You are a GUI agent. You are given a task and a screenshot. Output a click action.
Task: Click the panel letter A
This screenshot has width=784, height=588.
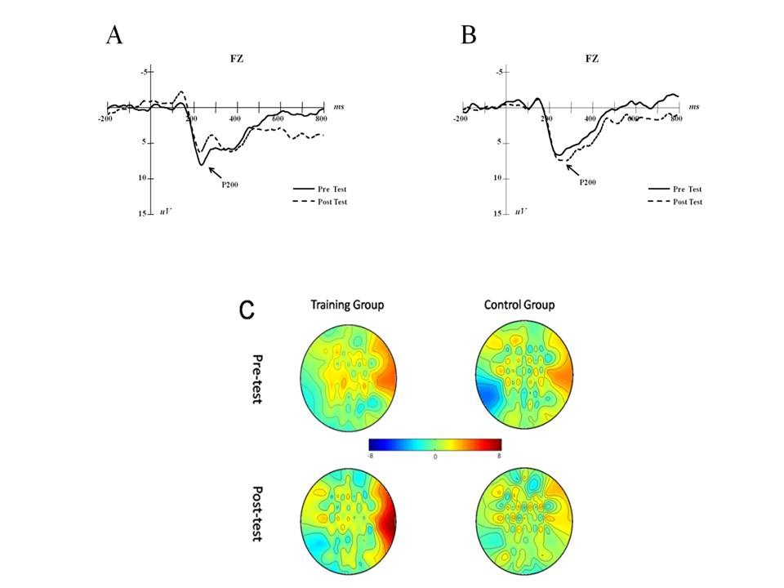click(x=114, y=35)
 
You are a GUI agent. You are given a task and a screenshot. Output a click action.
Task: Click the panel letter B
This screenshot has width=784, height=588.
click(x=468, y=35)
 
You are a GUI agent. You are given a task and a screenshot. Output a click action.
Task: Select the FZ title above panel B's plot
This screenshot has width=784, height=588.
click(x=592, y=60)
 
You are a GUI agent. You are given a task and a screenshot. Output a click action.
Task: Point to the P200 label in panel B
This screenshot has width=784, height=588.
click(x=588, y=182)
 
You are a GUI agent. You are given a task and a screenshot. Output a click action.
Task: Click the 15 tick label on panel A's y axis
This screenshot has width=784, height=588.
click(x=143, y=213)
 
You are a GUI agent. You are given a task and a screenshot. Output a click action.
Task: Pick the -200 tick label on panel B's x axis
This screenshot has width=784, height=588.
click(x=460, y=119)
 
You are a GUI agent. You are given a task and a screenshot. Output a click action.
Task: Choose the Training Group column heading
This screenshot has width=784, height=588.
click(x=347, y=305)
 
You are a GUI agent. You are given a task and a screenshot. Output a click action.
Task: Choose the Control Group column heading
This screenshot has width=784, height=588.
click(x=519, y=305)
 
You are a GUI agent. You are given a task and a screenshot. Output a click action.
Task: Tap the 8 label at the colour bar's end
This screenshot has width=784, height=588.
click(x=498, y=456)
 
